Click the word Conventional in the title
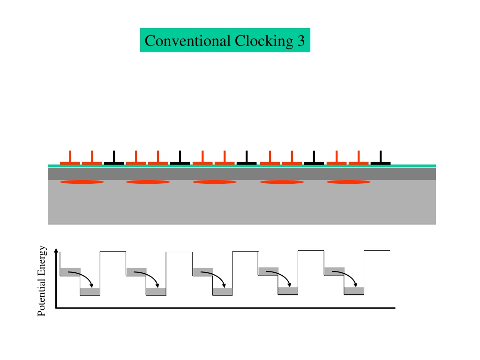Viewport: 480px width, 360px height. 187,41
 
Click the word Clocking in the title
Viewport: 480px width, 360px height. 264,41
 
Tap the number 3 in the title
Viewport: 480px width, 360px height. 301,41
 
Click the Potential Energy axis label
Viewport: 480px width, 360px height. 42,281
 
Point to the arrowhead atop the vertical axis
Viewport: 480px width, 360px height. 56,250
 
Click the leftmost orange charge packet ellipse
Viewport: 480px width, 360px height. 82,182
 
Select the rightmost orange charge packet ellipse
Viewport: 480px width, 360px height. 349,182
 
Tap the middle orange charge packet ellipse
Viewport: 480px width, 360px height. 215,182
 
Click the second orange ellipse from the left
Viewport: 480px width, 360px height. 148,182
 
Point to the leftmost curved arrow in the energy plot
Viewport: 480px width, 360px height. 83,275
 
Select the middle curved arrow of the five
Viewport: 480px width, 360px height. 216,275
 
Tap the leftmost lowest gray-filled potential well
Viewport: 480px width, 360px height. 90,292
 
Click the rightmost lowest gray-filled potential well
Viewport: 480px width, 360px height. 354,291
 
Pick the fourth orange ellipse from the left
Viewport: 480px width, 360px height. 282,182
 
